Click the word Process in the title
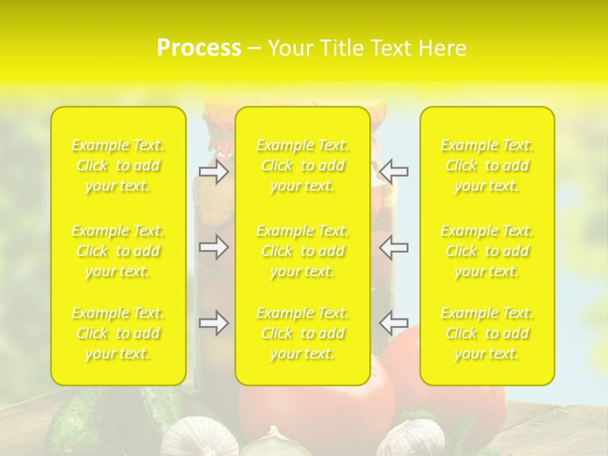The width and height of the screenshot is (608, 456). coord(199,48)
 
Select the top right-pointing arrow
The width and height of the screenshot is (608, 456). coord(214,172)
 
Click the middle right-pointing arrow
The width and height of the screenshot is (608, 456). coord(214,247)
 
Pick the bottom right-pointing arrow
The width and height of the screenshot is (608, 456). coord(214,323)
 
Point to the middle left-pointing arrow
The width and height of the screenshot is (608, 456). coord(394,247)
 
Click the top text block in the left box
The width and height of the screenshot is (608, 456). coord(118,166)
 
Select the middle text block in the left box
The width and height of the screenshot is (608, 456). coord(118,251)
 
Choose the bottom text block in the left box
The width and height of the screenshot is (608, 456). coord(118,333)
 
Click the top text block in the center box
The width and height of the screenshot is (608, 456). coord(303,166)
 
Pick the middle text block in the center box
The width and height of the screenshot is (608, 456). coord(303,251)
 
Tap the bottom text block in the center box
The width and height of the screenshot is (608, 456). coord(303,333)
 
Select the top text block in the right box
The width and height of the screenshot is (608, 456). coord(487,166)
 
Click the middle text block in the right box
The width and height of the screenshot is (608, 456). coord(487,251)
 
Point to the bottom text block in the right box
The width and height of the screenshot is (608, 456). coord(487,333)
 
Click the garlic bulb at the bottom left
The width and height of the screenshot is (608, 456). coord(190,437)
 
